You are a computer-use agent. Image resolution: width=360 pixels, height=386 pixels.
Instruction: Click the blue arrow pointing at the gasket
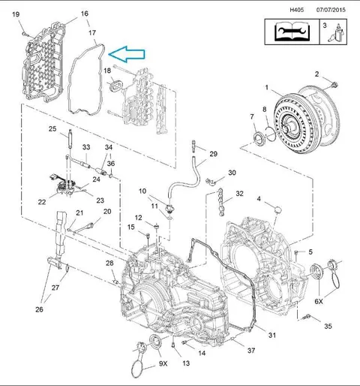127,54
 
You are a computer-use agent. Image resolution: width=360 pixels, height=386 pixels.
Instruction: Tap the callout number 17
92,33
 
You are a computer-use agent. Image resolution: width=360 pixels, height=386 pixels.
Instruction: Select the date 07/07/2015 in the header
331,10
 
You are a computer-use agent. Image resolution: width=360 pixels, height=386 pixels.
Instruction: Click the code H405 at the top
297,10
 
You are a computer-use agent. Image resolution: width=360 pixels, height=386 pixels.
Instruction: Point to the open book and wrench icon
292,32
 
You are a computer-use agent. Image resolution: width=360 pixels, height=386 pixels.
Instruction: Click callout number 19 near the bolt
16,14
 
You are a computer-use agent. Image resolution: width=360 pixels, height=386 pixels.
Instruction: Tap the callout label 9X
163,363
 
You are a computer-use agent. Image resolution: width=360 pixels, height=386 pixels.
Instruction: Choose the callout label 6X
319,301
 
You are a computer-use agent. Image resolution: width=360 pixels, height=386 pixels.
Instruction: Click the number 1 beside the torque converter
267,87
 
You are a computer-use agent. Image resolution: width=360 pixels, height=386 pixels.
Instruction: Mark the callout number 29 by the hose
213,154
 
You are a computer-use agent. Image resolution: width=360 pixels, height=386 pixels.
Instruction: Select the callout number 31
272,335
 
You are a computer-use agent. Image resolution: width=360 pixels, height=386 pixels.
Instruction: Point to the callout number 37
251,351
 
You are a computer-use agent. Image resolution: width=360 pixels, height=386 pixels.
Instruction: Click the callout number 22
42,202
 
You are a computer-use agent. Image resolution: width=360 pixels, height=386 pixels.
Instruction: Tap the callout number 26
39,309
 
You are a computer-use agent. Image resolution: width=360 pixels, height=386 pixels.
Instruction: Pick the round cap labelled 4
277,210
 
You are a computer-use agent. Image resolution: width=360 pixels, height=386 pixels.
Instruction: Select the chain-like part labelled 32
220,202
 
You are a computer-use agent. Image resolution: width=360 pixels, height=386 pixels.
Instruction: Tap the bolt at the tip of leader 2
334,85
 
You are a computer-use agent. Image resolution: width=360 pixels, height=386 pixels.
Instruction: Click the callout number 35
328,326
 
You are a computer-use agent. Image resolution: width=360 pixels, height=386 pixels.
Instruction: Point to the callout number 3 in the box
325,26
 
